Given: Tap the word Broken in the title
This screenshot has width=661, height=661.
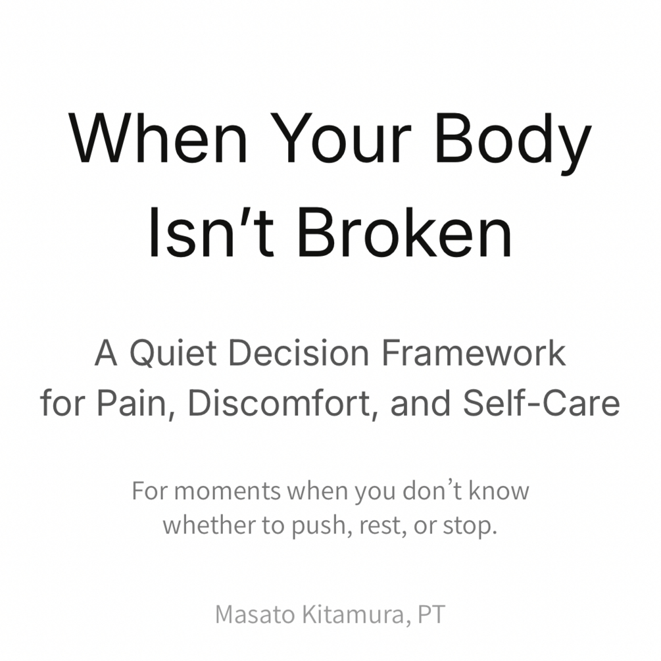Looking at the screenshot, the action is [404, 232].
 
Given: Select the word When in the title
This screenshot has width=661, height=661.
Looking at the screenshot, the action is [159, 138].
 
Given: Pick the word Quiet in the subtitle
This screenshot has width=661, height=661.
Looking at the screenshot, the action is [173, 353].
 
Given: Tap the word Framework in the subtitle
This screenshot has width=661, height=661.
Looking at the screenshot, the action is [474, 353].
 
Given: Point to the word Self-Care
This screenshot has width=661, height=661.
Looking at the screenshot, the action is [541, 403].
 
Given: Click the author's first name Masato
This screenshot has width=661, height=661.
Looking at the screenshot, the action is [255, 614].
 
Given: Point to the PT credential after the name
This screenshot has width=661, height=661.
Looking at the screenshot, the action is [431, 614].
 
